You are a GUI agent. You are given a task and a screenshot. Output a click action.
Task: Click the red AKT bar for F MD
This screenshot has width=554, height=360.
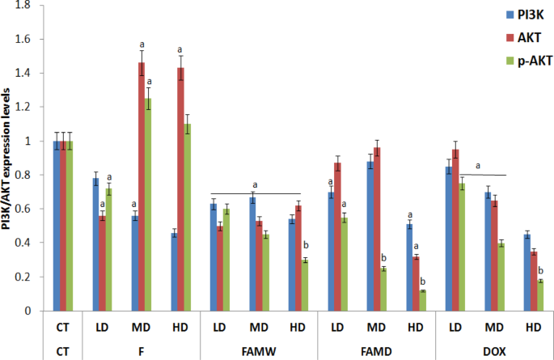(x=142, y=187)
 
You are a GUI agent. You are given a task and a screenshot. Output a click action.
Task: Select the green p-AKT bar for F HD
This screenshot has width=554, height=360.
(x=188, y=218)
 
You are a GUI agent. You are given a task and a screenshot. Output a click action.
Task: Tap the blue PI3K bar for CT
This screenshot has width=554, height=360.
(x=57, y=226)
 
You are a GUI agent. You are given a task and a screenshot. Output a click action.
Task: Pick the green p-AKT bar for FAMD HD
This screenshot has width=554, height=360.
(x=422, y=301)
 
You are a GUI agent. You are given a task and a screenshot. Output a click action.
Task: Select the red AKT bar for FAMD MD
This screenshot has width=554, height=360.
(x=377, y=229)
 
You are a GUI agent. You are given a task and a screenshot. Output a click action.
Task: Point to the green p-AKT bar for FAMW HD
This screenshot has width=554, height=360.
(x=305, y=286)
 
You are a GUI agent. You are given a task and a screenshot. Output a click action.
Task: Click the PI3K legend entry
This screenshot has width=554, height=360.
(x=525, y=15)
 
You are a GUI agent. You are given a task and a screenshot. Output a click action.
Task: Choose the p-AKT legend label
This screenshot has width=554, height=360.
(x=535, y=61)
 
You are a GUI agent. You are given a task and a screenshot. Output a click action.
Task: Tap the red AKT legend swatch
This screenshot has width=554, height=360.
(x=510, y=38)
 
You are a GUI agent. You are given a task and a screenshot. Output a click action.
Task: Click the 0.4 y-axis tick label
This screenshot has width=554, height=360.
(x=23, y=243)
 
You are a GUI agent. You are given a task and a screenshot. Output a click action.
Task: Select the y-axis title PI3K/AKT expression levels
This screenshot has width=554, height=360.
(x=6, y=159)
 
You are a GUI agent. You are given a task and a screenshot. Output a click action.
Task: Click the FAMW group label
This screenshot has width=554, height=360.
(x=259, y=352)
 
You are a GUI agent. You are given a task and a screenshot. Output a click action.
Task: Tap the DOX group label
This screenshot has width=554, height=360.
(x=494, y=352)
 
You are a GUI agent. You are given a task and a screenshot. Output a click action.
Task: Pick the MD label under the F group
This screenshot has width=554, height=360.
(x=141, y=328)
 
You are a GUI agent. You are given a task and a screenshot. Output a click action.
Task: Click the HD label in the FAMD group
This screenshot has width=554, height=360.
(x=415, y=328)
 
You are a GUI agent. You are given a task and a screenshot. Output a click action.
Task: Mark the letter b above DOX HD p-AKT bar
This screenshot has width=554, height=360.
(x=540, y=271)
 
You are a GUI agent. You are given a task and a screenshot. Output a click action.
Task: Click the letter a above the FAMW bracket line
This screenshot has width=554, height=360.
(x=255, y=185)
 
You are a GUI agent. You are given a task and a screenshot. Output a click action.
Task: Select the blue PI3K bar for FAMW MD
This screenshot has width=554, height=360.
(x=252, y=254)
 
